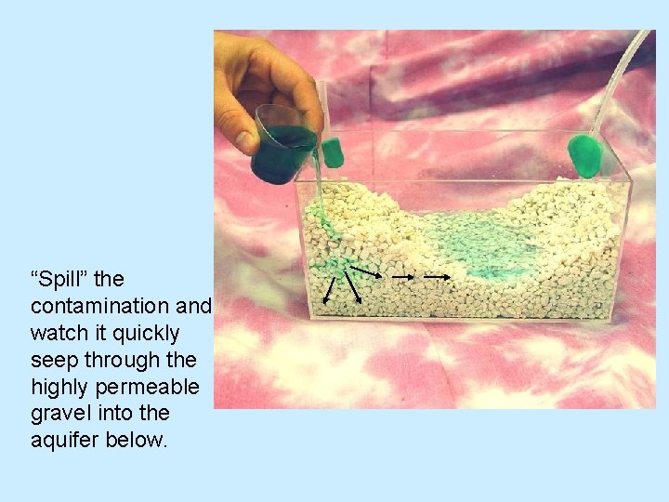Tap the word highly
(59, 385)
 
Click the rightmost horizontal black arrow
(438, 276)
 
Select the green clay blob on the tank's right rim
(586, 155)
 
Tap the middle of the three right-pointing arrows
(402, 276)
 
